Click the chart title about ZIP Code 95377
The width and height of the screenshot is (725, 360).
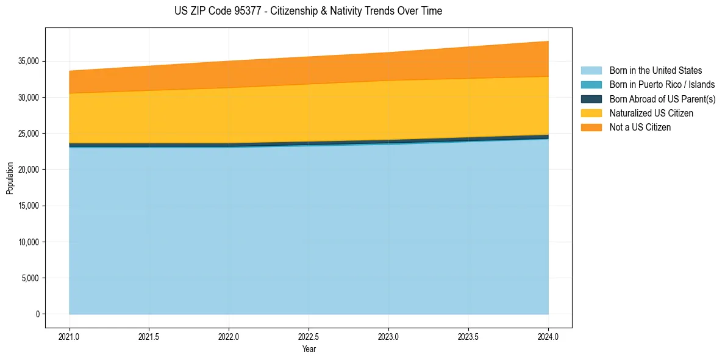308,11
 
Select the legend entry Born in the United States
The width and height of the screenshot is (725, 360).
655,71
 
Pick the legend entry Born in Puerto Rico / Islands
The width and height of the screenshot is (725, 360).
662,85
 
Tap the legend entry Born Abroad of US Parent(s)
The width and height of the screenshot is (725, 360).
662,99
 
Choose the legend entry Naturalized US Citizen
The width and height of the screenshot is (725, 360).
651,113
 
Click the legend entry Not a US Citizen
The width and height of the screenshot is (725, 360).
640,128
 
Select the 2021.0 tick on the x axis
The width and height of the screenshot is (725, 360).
70,336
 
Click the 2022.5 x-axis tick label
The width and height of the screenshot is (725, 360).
309,336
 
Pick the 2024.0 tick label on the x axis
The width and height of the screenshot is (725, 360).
548,336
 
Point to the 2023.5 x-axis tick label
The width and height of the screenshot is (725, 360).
468,336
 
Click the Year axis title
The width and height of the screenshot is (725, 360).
309,349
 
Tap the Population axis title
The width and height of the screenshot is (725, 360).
10,178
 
